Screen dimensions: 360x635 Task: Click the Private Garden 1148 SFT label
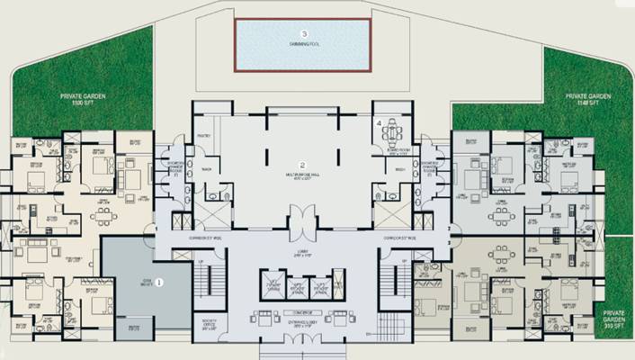click(x=589, y=98)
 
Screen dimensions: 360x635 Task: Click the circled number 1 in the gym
click(x=159, y=282)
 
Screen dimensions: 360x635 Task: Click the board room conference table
click(x=392, y=136)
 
